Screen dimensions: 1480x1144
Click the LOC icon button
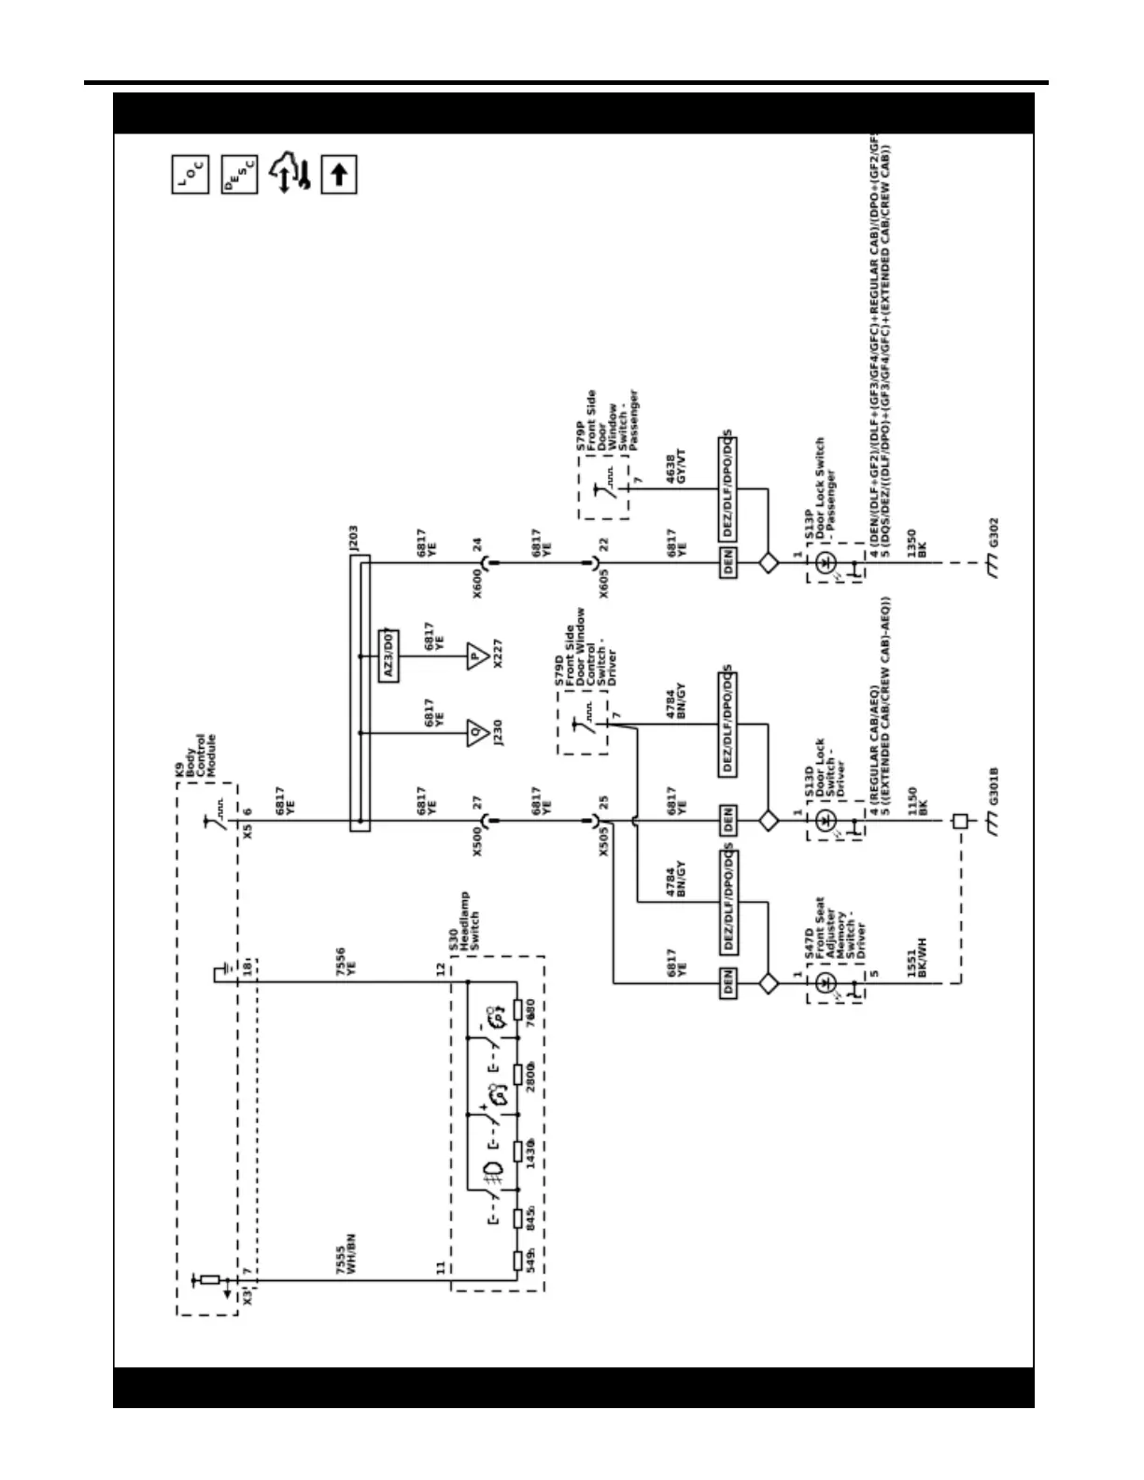tap(191, 175)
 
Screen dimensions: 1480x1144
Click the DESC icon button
tap(239, 175)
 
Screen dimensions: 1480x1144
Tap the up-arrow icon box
tap(339, 175)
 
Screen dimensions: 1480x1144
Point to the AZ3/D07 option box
tap(388, 656)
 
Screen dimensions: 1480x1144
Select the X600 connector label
tap(477, 583)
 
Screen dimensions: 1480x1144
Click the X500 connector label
tap(477, 841)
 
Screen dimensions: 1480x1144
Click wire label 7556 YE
tap(346, 963)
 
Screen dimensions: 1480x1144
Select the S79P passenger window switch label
tap(603, 421)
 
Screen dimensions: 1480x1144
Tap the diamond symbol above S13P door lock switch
tap(769, 563)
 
